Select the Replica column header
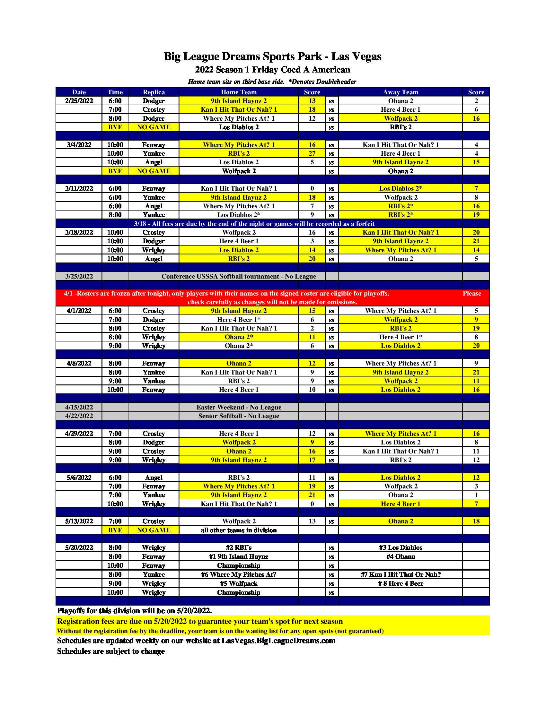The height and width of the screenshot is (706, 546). (x=154, y=92)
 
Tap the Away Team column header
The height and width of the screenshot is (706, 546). (x=401, y=92)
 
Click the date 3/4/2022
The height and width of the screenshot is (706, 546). (x=79, y=145)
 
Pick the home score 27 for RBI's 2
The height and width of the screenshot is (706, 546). (x=312, y=153)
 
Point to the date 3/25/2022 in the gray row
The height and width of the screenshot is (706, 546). (x=79, y=276)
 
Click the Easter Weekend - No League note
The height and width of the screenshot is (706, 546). (x=239, y=407)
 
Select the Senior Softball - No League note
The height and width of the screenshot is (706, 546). (x=239, y=416)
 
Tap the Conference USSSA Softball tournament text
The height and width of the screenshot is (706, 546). (x=239, y=276)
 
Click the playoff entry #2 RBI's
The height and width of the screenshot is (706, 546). (x=239, y=547)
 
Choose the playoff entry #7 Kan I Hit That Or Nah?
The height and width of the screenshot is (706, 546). (x=401, y=574)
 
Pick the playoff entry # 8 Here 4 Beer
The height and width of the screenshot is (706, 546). (x=401, y=583)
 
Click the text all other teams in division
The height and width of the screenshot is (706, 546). (x=239, y=530)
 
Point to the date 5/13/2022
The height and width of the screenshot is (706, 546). (x=79, y=521)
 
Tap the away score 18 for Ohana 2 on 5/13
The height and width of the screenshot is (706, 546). (x=476, y=521)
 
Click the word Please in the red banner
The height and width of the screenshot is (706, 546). (x=471, y=294)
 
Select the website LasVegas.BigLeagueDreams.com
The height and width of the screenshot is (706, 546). (x=278, y=641)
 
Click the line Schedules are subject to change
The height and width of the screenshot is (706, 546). (x=111, y=651)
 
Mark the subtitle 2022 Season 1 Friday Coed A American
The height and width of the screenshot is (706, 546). (x=272, y=70)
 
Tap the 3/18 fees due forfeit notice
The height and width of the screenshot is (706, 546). (x=254, y=224)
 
